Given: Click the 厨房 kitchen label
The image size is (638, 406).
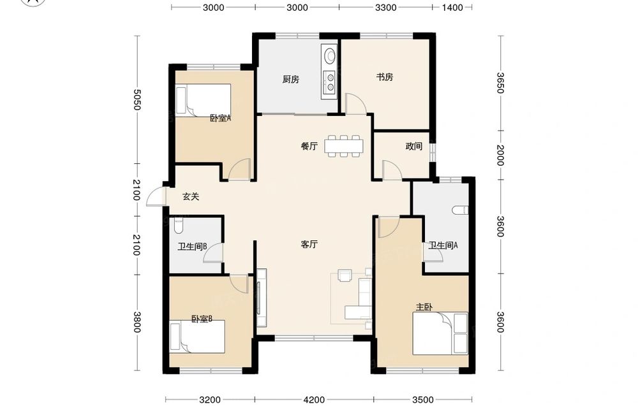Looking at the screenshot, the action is [x=290, y=79].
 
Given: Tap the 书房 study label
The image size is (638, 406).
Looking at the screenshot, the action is [x=385, y=77].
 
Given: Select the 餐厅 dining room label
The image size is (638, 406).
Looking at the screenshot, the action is [x=309, y=146].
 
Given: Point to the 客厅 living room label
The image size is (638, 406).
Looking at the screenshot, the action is [x=309, y=244].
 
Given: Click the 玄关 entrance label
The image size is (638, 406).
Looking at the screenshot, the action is [x=190, y=197].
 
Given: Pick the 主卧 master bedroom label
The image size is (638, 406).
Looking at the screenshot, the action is [x=424, y=307].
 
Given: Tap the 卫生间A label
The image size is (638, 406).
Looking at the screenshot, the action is [x=443, y=245].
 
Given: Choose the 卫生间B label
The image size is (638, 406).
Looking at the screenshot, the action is [x=193, y=247].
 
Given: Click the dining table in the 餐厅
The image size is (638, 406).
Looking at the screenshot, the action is [x=344, y=146].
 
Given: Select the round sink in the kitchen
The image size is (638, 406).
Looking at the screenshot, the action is [x=329, y=55].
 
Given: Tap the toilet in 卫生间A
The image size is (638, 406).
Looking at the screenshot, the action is [x=460, y=210].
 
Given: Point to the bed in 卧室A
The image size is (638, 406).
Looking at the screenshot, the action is [x=203, y=100].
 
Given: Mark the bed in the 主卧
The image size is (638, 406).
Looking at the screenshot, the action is [x=440, y=333].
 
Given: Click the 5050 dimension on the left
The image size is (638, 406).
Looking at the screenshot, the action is [x=137, y=99].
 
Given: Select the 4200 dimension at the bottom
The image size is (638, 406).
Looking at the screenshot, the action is [x=314, y=400].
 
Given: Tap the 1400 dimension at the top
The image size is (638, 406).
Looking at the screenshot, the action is [x=452, y=7].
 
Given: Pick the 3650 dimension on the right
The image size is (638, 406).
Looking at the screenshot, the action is [x=500, y=83].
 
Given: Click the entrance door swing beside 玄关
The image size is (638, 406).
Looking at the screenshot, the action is [x=156, y=197].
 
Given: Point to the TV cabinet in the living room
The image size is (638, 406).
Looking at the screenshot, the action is [x=261, y=298].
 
